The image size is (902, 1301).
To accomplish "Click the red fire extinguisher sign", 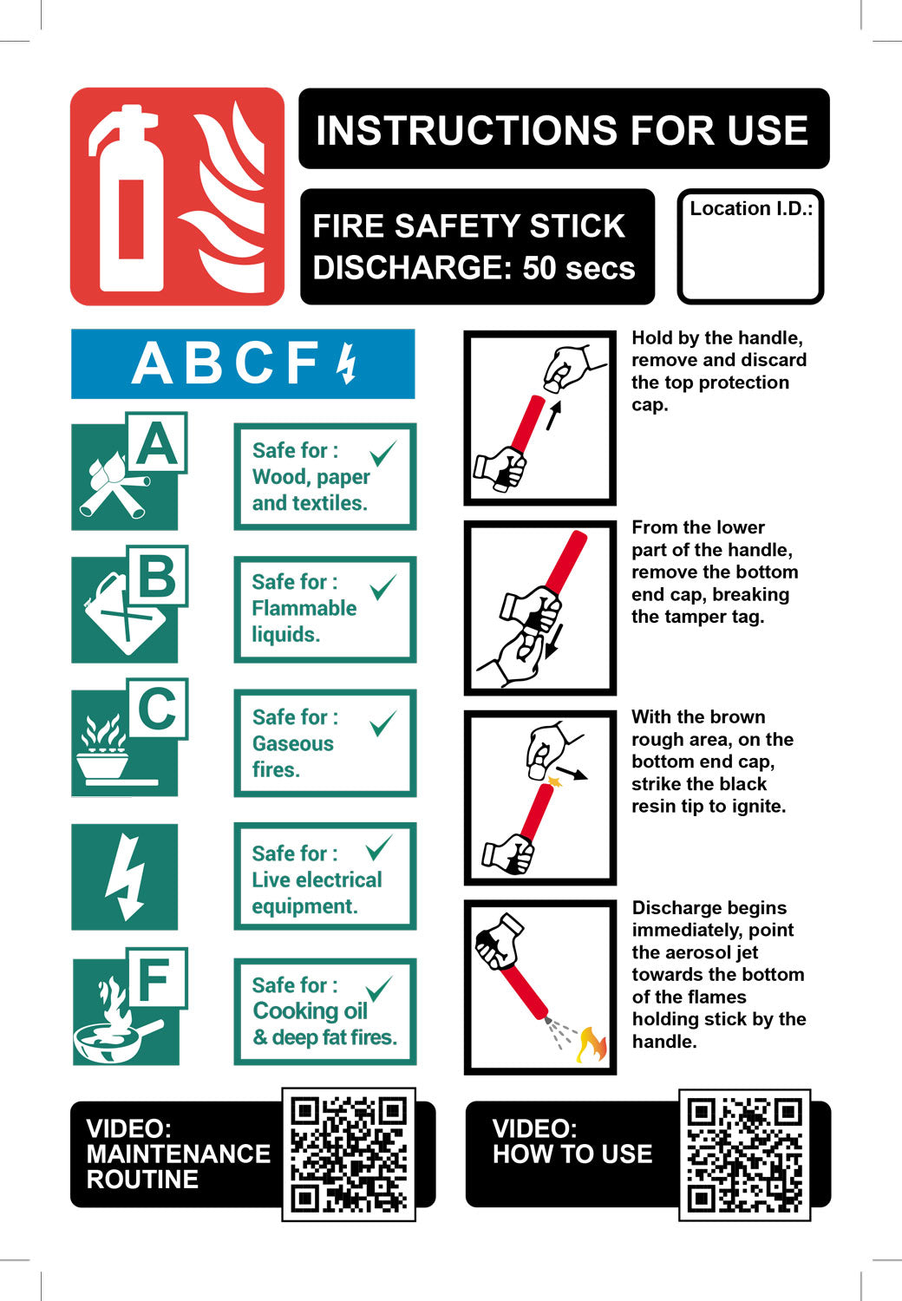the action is (x=177, y=196).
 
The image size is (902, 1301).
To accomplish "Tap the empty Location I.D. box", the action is (x=750, y=246).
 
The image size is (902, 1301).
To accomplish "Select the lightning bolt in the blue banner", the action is (x=347, y=363).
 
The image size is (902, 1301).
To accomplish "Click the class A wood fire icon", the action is (x=129, y=471).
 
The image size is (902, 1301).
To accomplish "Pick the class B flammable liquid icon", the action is (x=129, y=604).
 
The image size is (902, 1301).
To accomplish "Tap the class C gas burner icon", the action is (x=129, y=737).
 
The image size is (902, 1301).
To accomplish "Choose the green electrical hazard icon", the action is (x=124, y=877).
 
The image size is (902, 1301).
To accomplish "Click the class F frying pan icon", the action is (x=129, y=1006).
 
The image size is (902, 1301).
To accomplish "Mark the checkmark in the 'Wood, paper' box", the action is (x=383, y=453).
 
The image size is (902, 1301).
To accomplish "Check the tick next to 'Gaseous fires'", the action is (x=383, y=723).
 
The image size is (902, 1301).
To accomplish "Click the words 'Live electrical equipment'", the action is (x=317, y=893).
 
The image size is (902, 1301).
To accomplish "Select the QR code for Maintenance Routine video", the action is (x=349, y=1154).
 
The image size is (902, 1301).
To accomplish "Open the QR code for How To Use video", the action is (x=745, y=1155).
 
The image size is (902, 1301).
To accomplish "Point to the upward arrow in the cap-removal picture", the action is (x=554, y=415).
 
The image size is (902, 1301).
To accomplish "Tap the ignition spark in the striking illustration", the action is (x=555, y=779).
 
